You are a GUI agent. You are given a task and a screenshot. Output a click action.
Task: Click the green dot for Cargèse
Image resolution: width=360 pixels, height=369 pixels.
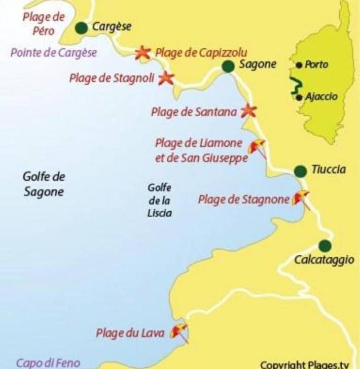point(81,28)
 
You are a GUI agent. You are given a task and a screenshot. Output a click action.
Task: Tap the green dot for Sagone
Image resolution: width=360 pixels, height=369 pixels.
point(228,66)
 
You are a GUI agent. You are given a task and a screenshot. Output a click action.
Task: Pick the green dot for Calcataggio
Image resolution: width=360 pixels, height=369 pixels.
point(325,246)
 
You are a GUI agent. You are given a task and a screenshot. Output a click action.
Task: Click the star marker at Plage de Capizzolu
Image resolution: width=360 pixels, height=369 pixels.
point(143,52)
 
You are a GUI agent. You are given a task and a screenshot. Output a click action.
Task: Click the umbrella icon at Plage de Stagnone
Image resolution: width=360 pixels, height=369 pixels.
point(302,197)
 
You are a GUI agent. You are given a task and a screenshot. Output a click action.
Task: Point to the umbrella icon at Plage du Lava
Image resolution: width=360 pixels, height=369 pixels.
point(179,332)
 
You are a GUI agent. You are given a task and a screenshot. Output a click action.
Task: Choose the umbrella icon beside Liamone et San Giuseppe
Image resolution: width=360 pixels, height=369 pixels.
point(257,147)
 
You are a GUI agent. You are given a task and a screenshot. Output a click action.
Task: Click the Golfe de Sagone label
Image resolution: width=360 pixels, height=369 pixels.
point(44,184)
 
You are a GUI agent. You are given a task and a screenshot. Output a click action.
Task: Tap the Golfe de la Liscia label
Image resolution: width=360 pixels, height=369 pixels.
point(157,200)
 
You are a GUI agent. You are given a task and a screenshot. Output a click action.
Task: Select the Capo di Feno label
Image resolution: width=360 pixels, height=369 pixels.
point(48,363)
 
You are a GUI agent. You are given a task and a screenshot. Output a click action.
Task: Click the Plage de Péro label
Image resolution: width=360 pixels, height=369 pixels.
point(44,23)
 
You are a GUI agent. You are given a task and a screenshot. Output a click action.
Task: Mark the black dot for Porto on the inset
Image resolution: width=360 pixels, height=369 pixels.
point(299,65)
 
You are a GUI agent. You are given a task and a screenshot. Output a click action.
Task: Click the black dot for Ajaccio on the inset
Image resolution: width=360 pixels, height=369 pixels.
point(300,97)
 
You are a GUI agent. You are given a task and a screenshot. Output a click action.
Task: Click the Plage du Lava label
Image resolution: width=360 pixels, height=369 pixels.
point(130,333)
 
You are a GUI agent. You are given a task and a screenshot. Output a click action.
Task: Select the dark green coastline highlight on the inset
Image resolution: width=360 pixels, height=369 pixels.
point(294,86)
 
